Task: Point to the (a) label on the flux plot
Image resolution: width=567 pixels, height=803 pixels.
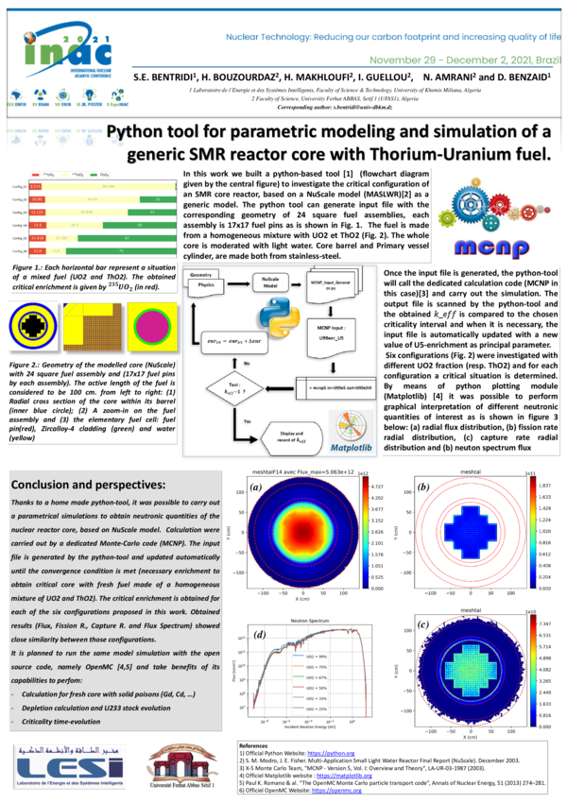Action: pos(254,488)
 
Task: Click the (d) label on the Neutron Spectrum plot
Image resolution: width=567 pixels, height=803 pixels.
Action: pos(257,633)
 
